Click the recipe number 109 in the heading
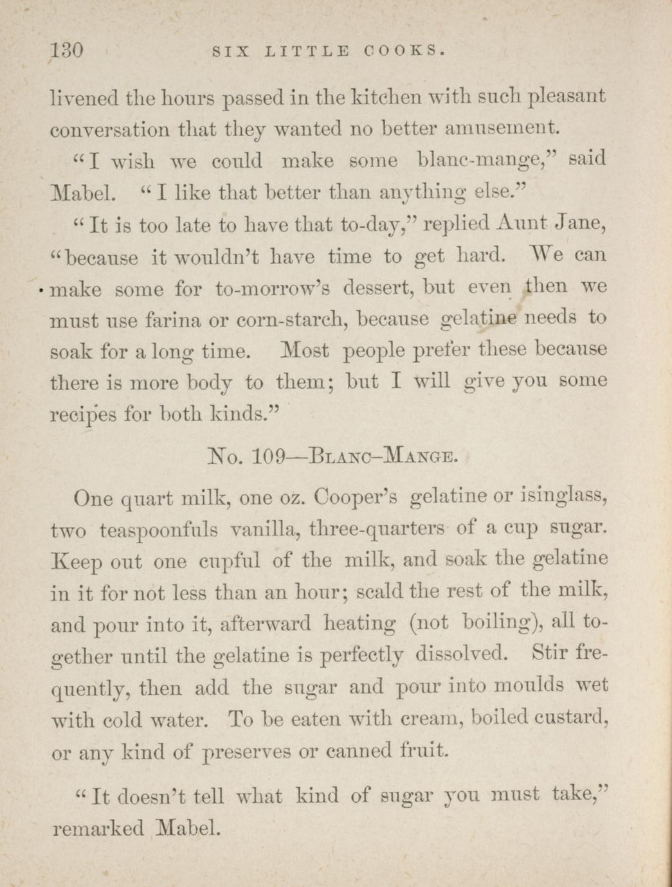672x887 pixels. pos(271,458)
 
